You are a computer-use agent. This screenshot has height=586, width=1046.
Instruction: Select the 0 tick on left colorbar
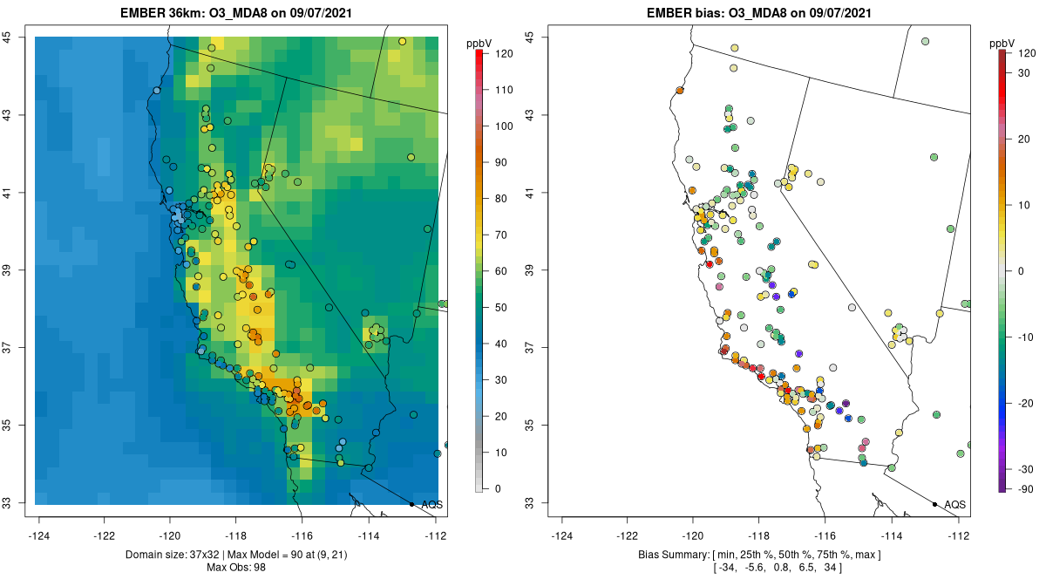498,488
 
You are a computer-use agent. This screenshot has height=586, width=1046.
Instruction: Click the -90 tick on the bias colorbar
1021,488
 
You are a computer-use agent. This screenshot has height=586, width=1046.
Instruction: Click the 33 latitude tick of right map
530,503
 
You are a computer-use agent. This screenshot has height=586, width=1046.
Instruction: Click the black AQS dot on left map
411,504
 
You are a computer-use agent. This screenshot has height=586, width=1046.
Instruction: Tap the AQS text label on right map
954,504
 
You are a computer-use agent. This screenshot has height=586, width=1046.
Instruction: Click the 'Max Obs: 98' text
235,568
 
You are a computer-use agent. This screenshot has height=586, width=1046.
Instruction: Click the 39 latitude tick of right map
530,270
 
